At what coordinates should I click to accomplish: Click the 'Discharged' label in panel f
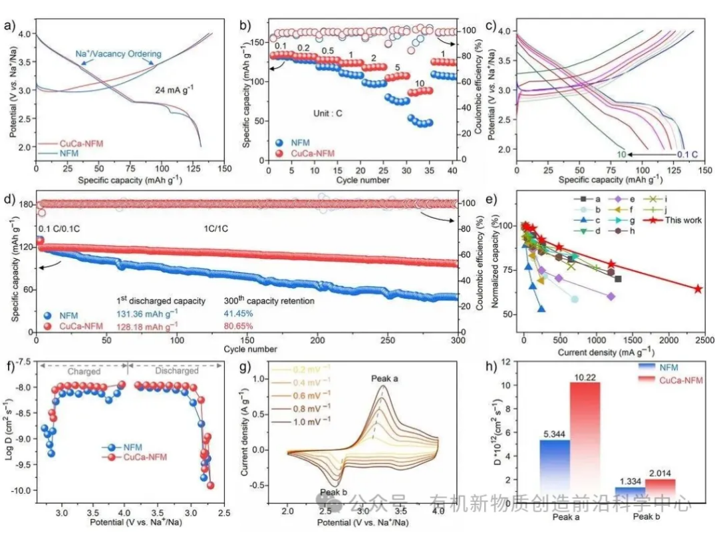click(177, 371)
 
